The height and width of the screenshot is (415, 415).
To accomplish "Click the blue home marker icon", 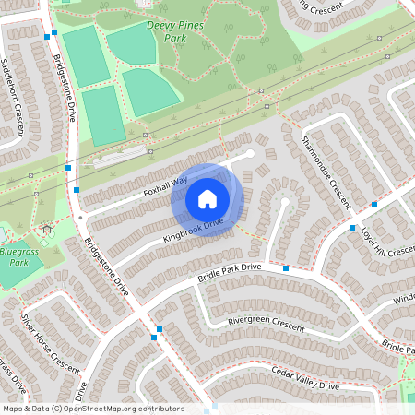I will click(x=207, y=199).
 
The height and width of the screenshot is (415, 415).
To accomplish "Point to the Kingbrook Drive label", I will click(x=194, y=231).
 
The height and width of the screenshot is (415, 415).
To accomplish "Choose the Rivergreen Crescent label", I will click(x=266, y=324).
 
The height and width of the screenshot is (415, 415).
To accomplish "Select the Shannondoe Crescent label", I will click(x=326, y=172).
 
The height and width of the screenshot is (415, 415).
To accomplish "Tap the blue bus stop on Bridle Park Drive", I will click(x=286, y=267).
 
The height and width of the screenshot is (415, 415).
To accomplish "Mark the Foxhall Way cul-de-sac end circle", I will click(x=249, y=153).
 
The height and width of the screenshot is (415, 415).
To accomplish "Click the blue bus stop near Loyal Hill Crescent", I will click(x=352, y=227).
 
